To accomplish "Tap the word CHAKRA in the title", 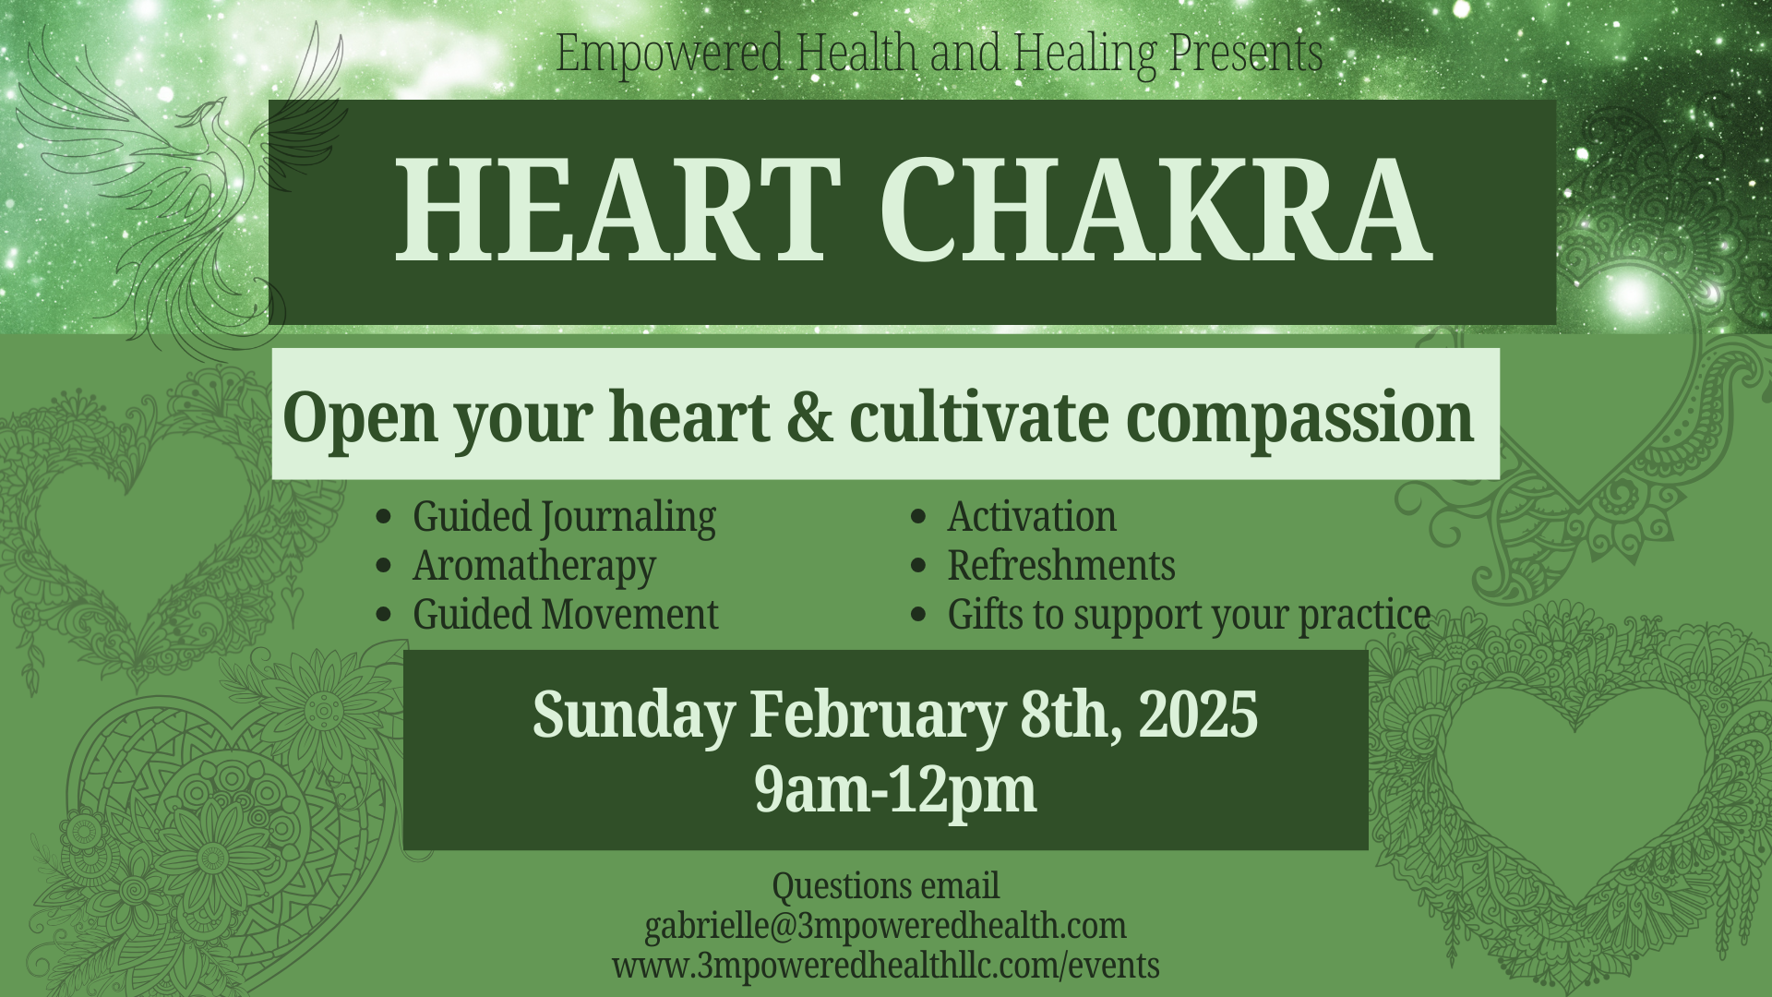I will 1155,210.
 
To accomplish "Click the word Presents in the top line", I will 1246,53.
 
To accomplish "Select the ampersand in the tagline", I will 809,416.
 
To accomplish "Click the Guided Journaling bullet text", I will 564,517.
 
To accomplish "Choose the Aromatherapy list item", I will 534,566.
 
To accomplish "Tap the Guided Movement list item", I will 565,615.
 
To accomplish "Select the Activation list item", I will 1032,517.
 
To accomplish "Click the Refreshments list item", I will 1061,566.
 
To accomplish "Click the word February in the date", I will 877,715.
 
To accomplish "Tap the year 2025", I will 1198,715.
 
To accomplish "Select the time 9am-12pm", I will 895,790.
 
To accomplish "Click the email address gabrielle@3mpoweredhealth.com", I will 885,926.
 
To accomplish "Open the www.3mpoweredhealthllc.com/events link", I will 885,966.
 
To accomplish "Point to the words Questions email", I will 885,886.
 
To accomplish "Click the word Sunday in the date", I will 634,715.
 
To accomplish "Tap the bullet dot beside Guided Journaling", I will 384,517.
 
